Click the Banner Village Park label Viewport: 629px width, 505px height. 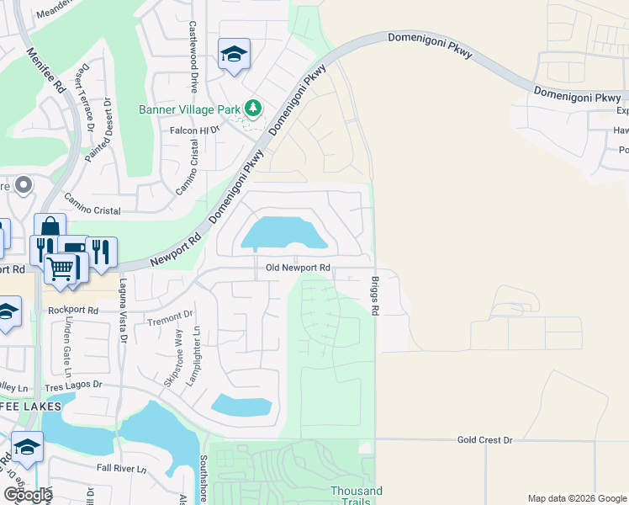click(x=190, y=109)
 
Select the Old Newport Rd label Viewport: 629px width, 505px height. click(x=298, y=268)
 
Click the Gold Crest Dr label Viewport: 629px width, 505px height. click(x=484, y=439)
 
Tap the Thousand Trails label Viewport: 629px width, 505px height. click(x=356, y=496)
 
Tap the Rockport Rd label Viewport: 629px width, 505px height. click(x=73, y=310)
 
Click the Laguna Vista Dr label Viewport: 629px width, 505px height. click(x=123, y=311)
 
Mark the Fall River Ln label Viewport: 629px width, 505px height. click(x=121, y=468)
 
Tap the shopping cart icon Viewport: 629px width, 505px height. click(x=61, y=268)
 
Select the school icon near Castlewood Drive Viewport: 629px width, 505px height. click(x=234, y=55)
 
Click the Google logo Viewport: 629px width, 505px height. click(x=28, y=495)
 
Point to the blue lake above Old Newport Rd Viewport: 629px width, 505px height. click(x=282, y=232)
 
